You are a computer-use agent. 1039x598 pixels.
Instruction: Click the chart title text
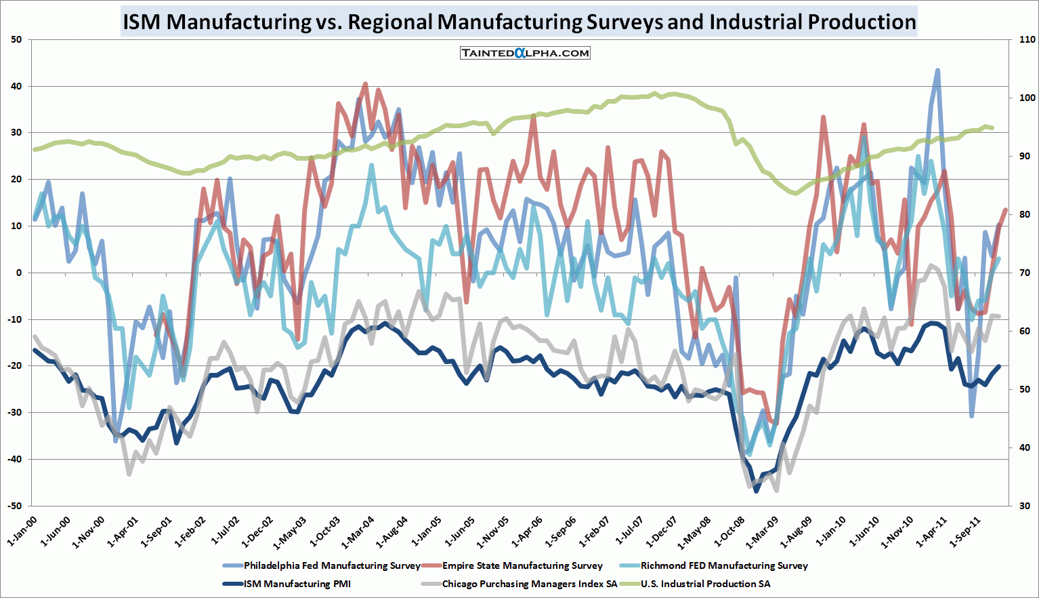coord(519,22)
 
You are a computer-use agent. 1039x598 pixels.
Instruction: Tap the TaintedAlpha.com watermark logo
coord(525,53)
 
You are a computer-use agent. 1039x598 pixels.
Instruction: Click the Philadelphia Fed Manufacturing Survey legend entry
coord(332,565)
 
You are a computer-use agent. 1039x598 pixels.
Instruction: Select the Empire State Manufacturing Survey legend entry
coord(522,565)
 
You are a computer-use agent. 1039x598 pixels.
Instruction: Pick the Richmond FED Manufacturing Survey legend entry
coord(723,565)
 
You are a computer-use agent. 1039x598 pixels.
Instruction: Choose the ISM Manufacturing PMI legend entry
coord(297,584)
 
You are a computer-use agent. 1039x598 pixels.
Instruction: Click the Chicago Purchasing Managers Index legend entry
coord(529,584)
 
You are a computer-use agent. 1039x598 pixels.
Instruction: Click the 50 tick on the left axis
coord(16,39)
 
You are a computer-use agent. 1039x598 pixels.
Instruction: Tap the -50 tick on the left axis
coord(15,506)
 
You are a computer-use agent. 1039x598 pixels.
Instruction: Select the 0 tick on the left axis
coord(19,273)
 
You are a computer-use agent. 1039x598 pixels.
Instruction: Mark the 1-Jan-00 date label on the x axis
coord(22,532)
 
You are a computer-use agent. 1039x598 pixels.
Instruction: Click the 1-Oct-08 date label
coord(729,532)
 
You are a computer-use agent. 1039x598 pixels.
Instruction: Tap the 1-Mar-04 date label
coord(359,532)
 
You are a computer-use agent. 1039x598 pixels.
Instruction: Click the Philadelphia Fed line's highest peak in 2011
coord(937,70)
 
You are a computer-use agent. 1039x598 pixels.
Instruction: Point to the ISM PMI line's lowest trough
coord(757,491)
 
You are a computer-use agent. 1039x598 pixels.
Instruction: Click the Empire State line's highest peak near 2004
coord(366,83)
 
